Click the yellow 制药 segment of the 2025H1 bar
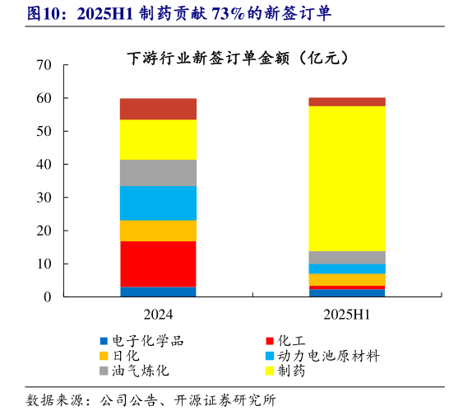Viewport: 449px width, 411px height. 346,178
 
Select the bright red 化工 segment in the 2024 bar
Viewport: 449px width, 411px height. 158,264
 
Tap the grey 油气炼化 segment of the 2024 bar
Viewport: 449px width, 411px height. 158,172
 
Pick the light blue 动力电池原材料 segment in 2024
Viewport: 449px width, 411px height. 158,203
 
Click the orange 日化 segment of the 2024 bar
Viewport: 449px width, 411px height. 158,231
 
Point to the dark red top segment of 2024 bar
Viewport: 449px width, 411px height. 158,109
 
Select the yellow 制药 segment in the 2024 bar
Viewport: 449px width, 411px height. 158,139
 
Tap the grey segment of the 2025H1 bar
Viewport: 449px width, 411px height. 346,257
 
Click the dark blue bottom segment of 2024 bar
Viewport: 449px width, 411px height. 158,292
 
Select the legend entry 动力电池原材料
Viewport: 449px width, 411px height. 328,356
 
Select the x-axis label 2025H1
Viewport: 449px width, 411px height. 346,315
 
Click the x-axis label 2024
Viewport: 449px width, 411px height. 158,315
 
